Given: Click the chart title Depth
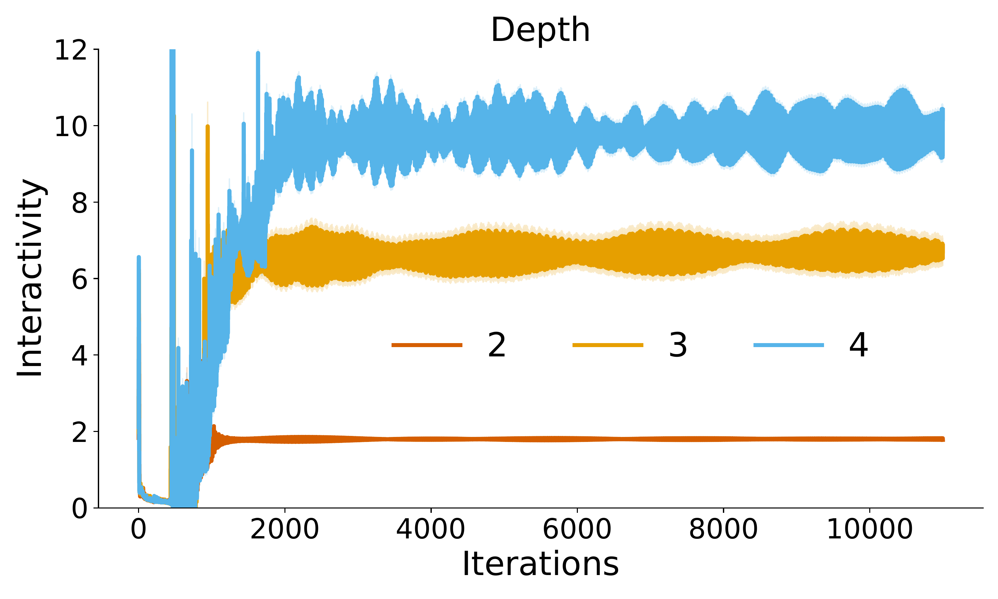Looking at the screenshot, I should pos(540,30).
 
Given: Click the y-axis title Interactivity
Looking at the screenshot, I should pos(30,278).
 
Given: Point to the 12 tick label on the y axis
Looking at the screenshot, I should pos(71,51).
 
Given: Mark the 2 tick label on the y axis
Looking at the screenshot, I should pos(80,432).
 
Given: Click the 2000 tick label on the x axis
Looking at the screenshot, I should pos(284,529).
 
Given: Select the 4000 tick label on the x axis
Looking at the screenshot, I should pos(430,529).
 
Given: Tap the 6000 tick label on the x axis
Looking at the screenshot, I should pos(577,529).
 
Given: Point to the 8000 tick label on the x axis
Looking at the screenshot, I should pos(723,529).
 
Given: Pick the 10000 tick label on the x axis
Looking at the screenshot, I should pos(869,529).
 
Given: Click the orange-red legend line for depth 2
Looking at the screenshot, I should pos(427,345).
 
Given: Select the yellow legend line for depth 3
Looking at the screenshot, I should pos(607,345).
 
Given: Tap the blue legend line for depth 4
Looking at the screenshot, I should pos(789,345).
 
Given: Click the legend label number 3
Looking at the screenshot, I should pos(678,345).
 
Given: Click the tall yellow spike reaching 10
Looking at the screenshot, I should pos(208,133).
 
